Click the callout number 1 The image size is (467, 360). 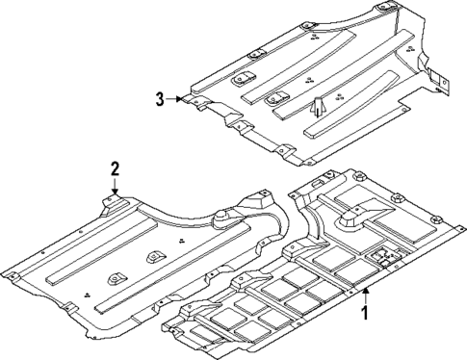point(365,314)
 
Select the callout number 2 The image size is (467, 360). point(115,169)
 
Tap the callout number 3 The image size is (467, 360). point(159,97)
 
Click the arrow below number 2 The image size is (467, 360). point(115,187)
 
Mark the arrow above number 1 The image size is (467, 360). point(365,292)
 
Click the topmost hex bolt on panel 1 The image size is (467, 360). point(357,176)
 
